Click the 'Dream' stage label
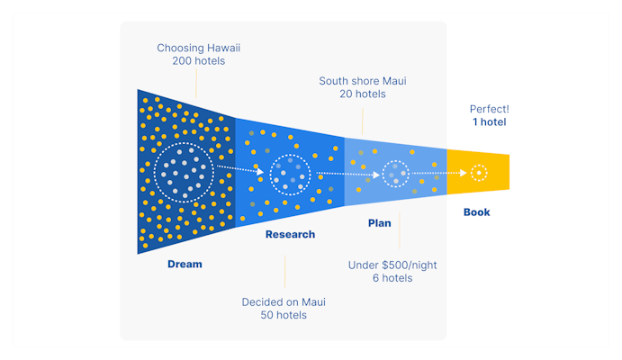[185, 265]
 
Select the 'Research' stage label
[290, 235]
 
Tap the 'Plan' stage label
[380, 223]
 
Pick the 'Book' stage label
[477, 212]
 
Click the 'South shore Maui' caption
[363, 81]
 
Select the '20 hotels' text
[363, 94]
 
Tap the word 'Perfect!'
[489, 109]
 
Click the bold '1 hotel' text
[489, 122]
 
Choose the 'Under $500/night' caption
[392, 265]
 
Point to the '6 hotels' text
[392, 278]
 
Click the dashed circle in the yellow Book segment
[479, 172]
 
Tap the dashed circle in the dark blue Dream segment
[184, 171]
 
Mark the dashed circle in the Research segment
[290, 174]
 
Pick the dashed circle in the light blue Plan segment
[395, 174]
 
